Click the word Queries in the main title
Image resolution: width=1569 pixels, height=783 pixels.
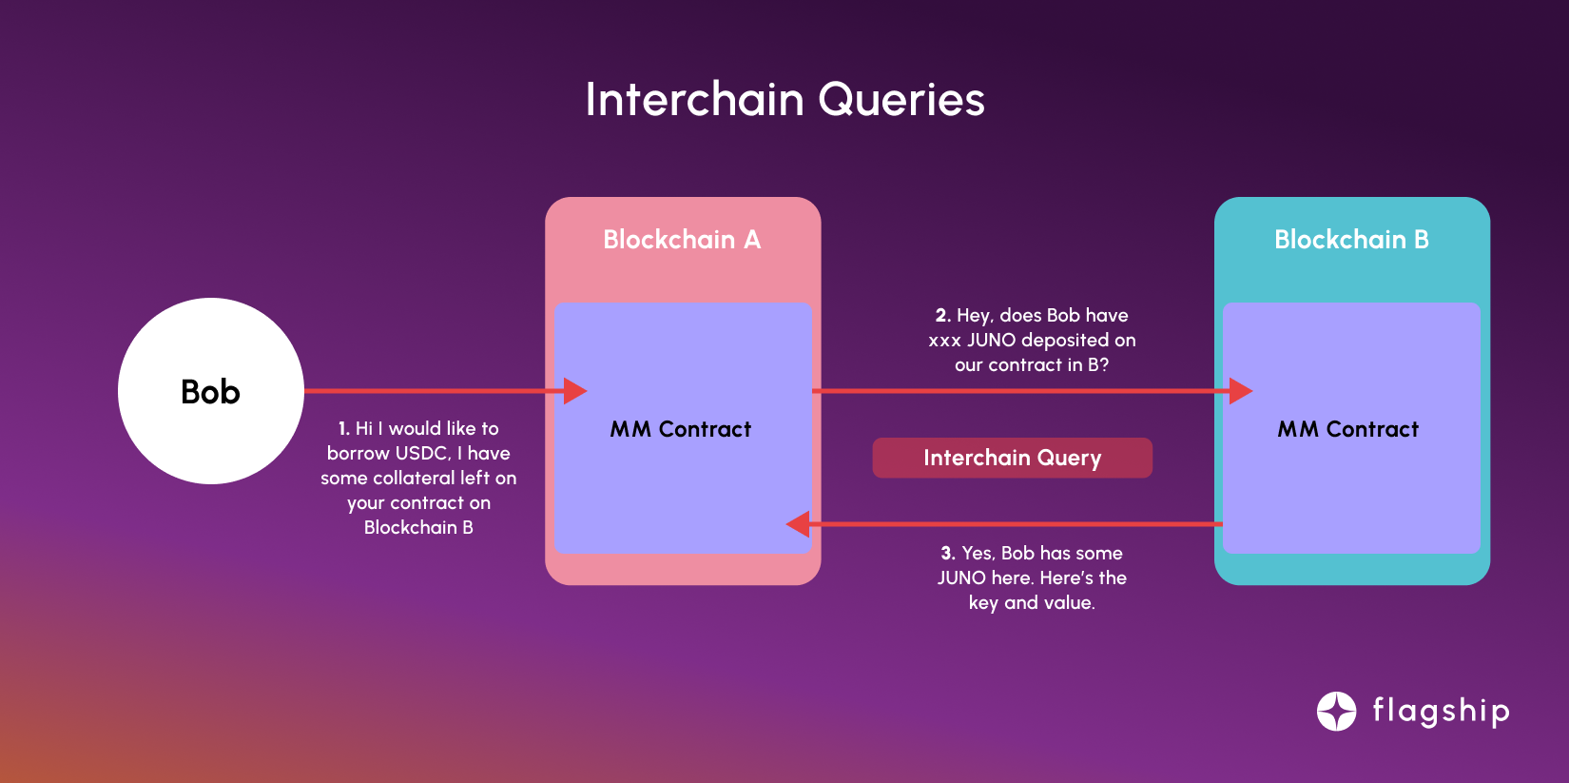point(901,100)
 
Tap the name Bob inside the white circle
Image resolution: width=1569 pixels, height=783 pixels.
point(210,392)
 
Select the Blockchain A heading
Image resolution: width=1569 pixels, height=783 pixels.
point(682,240)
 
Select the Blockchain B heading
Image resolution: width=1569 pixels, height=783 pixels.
point(1351,240)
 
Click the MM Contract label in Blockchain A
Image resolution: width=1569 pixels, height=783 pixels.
point(681,429)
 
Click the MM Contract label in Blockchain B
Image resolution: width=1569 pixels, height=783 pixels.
point(1348,429)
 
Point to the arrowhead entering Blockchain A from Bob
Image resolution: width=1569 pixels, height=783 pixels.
point(575,391)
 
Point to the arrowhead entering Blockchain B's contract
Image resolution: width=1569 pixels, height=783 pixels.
point(1240,391)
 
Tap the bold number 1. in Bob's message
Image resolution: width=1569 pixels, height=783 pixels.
point(344,429)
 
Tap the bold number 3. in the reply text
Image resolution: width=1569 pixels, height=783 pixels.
point(948,554)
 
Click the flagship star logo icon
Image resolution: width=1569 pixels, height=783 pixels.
point(1336,711)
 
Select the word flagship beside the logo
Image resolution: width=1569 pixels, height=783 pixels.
point(1441,711)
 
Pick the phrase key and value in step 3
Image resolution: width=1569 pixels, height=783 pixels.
point(1032,603)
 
